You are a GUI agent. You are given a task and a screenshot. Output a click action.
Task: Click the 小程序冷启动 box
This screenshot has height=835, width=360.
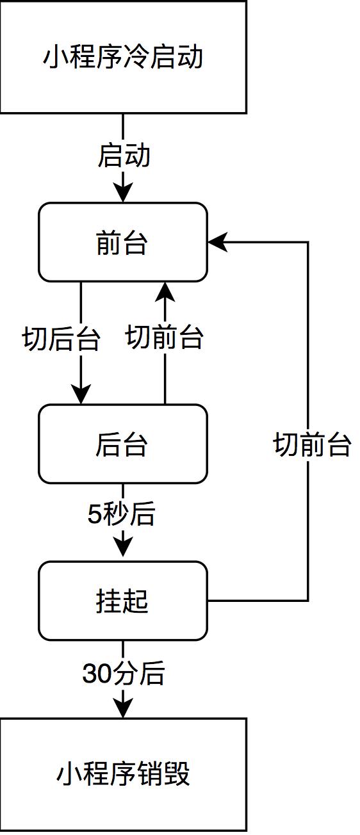tap(123, 57)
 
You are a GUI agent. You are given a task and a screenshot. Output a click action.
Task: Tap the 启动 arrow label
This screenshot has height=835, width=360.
tap(124, 156)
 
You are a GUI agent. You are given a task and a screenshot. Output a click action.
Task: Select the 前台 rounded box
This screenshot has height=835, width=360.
tap(123, 242)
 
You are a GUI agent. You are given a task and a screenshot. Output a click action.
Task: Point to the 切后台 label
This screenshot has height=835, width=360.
tap(61, 339)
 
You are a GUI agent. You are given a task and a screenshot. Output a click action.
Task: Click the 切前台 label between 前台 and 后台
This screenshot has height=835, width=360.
tap(165, 337)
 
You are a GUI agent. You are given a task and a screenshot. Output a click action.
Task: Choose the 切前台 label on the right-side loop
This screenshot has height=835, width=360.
tap(312, 444)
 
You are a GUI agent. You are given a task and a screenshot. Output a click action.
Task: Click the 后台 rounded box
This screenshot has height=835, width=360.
tap(123, 444)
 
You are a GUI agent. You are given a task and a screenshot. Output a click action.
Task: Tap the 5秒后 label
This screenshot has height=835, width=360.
tap(122, 514)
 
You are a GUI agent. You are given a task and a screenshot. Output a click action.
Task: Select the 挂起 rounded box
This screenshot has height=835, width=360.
tap(123, 601)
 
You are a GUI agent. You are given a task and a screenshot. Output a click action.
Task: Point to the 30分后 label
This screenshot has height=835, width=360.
tap(124, 674)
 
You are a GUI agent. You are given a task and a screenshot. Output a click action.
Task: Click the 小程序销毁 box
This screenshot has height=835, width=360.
tap(123, 774)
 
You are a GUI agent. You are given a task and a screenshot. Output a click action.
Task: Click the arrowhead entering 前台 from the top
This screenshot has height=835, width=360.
tap(123, 192)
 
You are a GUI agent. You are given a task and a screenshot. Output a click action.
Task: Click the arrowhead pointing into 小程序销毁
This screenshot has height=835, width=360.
tap(123, 708)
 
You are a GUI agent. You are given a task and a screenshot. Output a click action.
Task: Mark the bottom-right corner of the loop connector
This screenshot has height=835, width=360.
tap(308, 601)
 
